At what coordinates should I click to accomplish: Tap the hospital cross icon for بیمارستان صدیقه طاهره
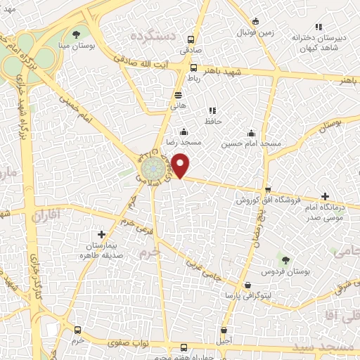point(102,234)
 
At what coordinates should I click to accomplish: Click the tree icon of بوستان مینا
point(77,33)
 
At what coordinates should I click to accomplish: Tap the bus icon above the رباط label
point(193,67)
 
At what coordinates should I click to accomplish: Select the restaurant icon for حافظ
point(212,110)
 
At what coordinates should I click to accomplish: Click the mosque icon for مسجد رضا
point(184,131)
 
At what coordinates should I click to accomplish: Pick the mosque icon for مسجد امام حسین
point(251,133)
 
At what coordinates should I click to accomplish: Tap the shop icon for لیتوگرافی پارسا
point(247,285)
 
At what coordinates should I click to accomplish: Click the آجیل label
point(223,340)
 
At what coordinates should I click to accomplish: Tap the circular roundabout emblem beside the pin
point(151,171)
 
